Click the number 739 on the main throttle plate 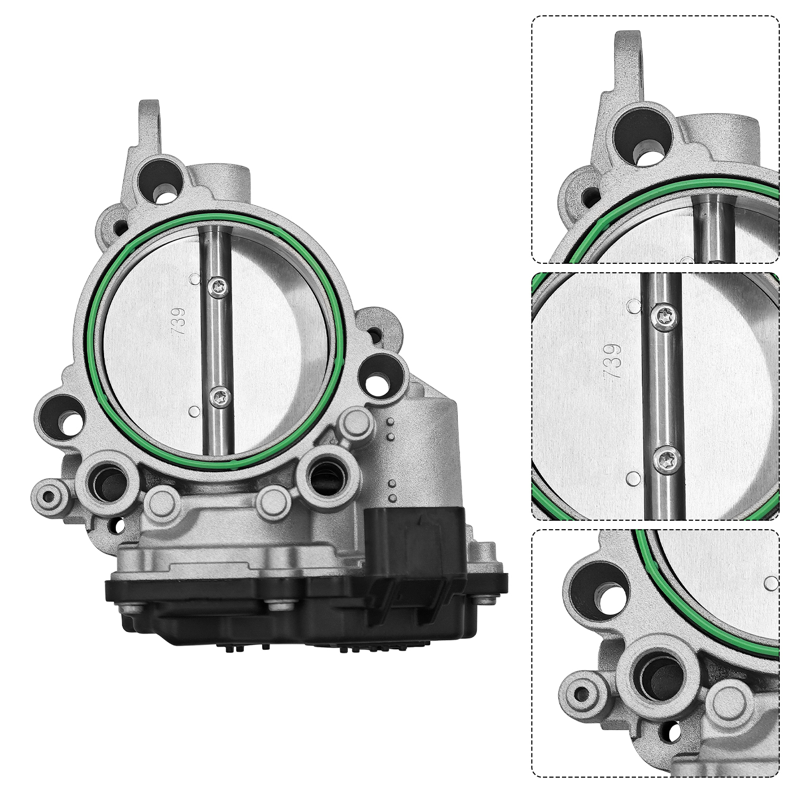[179, 320]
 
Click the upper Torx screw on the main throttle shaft [218, 286]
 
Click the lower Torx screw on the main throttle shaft [219, 396]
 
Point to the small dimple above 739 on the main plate [195, 279]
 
